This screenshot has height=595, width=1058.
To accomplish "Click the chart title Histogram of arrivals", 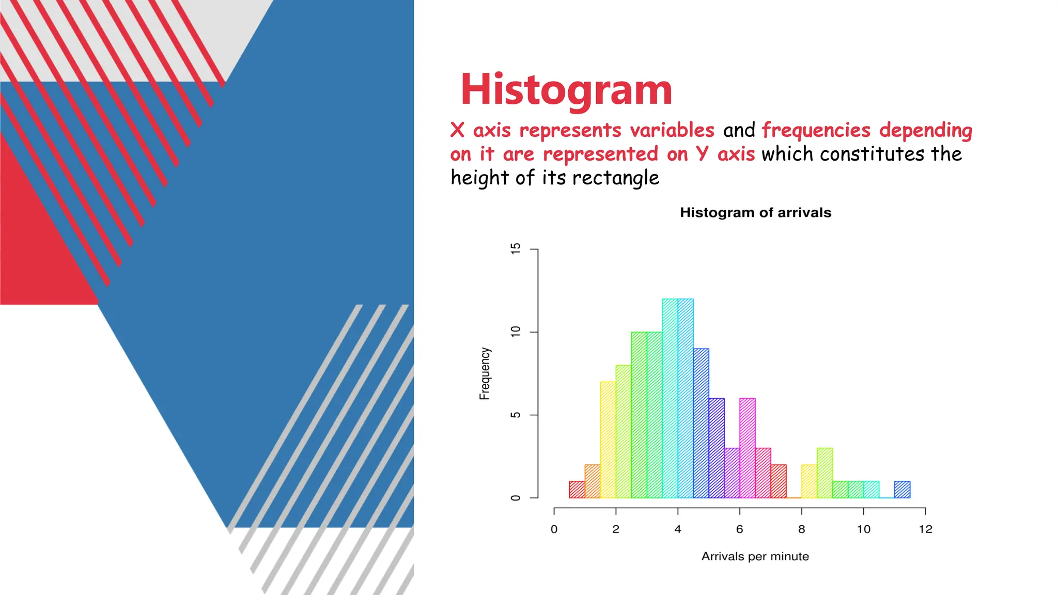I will [x=755, y=213].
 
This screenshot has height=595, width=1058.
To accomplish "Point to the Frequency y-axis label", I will [x=485, y=373].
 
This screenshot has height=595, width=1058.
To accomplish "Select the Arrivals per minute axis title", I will [x=755, y=557].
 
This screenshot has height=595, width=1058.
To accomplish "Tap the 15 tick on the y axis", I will [x=516, y=249].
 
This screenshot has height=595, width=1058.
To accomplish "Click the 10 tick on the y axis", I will [x=516, y=332].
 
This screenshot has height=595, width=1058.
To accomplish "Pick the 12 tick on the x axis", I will [x=925, y=529].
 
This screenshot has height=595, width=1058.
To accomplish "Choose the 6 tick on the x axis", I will [x=739, y=529].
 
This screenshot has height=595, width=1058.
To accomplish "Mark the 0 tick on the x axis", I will [x=554, y=529].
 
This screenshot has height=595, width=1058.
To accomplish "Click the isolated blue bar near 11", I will [x=902, y=490].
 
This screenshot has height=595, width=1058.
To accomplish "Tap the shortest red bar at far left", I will [x=577, y=490].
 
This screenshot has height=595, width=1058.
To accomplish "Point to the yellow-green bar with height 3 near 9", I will [x=824, y=473].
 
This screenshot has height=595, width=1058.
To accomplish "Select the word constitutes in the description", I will [x=872, y=154].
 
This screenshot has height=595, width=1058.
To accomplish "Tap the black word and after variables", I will [x=739, y=131].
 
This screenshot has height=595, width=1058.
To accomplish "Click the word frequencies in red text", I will [x=816, y=131].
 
